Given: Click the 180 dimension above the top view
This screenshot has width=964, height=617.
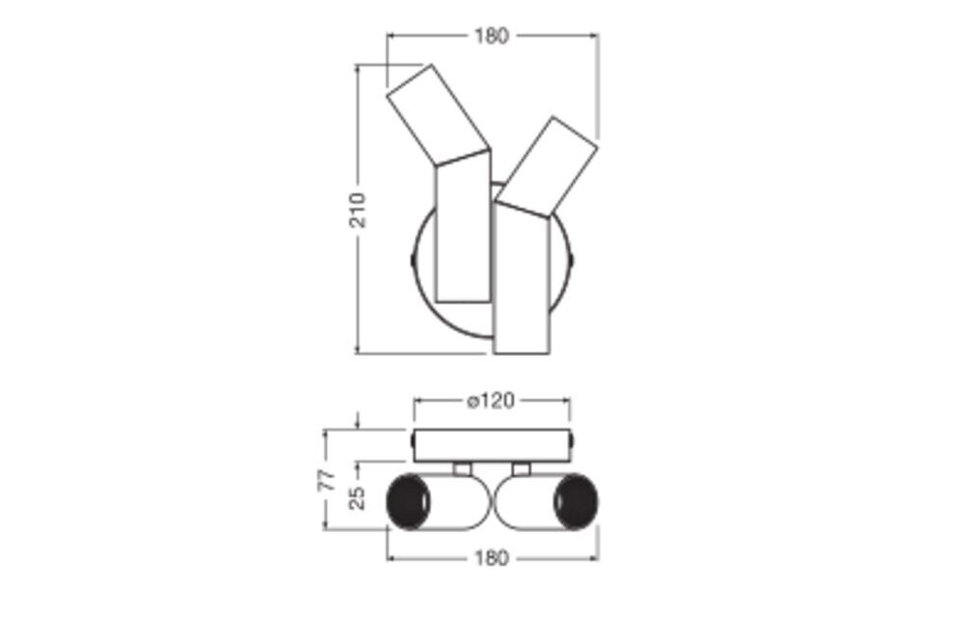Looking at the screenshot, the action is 492,37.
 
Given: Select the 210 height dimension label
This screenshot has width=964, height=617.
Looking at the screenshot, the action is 358,210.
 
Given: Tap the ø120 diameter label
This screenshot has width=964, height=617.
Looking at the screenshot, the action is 490,401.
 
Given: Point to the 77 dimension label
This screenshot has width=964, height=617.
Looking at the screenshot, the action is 330,479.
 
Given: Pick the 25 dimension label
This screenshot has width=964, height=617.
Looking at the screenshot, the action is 358,497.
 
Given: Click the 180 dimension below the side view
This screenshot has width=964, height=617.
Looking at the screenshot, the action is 492,558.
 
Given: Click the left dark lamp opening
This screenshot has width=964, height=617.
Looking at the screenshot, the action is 408,501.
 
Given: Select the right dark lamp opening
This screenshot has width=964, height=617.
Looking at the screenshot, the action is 576,501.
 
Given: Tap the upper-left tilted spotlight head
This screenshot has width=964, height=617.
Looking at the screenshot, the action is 439,115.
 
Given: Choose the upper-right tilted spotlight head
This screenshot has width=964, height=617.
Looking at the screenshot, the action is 547,166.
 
